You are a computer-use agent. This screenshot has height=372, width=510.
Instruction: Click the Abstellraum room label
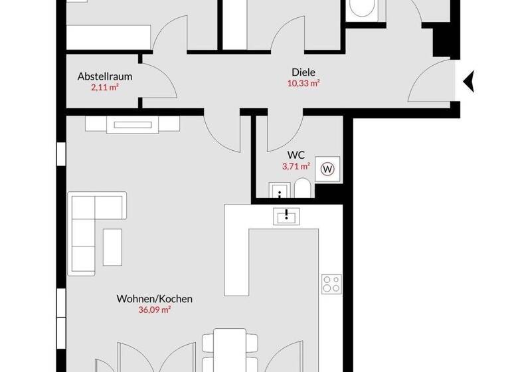coord(105,76)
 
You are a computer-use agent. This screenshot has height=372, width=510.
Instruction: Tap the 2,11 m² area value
coord(105,87)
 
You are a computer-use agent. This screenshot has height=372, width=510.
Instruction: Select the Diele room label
coord(303,72)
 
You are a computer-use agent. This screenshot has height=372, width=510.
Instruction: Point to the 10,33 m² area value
coord(303,83)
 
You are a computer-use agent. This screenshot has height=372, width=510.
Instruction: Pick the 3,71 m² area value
coord(296,167)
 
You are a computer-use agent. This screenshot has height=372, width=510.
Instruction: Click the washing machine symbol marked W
coord(328,169)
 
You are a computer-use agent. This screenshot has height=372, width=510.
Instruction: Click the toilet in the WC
coord(302,189)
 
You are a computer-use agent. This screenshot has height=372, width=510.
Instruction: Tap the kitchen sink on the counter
coord(287,215)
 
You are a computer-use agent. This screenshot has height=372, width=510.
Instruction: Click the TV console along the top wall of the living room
coord(132,124)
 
